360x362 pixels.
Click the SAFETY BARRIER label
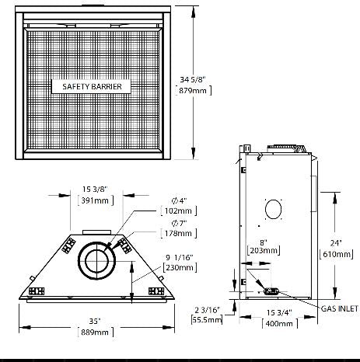point(91,87)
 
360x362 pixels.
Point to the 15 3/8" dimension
point(98,189)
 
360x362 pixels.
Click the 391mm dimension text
point(98,200)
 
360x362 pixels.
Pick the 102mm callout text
point(173,211)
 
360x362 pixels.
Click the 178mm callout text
point(173,233)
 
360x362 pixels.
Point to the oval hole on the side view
point(274,209)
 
